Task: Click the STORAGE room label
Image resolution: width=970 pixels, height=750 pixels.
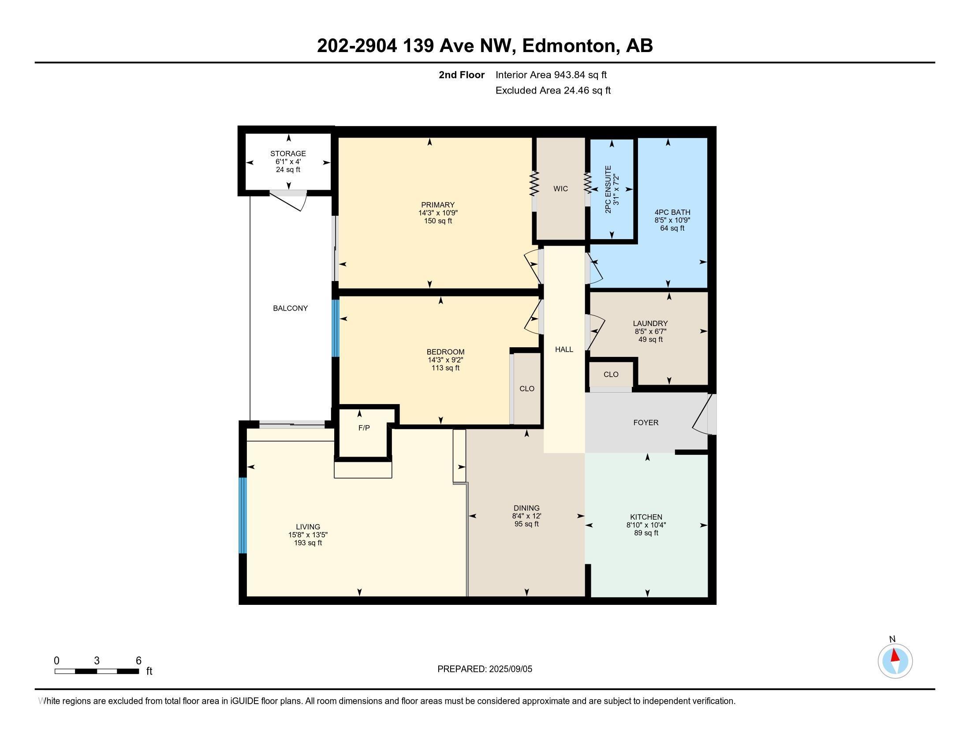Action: (288, 154)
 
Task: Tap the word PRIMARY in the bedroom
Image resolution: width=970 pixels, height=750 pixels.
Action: (438, 205)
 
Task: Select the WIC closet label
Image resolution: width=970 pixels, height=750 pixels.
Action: (560, 189)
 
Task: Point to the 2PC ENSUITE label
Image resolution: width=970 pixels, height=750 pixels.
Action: (608, 189)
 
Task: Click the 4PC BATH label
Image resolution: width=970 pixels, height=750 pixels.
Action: (672, 212)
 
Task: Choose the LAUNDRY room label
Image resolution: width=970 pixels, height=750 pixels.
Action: (650, 323)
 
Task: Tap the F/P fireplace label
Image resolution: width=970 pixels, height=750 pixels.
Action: (364, 428)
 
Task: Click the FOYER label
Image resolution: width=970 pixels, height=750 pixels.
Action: (646, 423)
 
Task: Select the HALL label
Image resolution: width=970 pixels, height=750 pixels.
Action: (564, 350)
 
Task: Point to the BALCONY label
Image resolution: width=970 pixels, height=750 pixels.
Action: (291, 308)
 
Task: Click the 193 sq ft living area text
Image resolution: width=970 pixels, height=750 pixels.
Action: (308, 543)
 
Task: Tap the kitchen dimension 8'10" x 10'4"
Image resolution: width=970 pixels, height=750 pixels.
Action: (646, 525)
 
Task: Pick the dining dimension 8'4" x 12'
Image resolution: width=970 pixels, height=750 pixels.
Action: (527, 516)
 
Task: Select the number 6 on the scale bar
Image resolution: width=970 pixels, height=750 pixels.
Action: (138, 661)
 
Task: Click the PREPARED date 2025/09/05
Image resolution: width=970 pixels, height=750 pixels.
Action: (510, 669)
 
